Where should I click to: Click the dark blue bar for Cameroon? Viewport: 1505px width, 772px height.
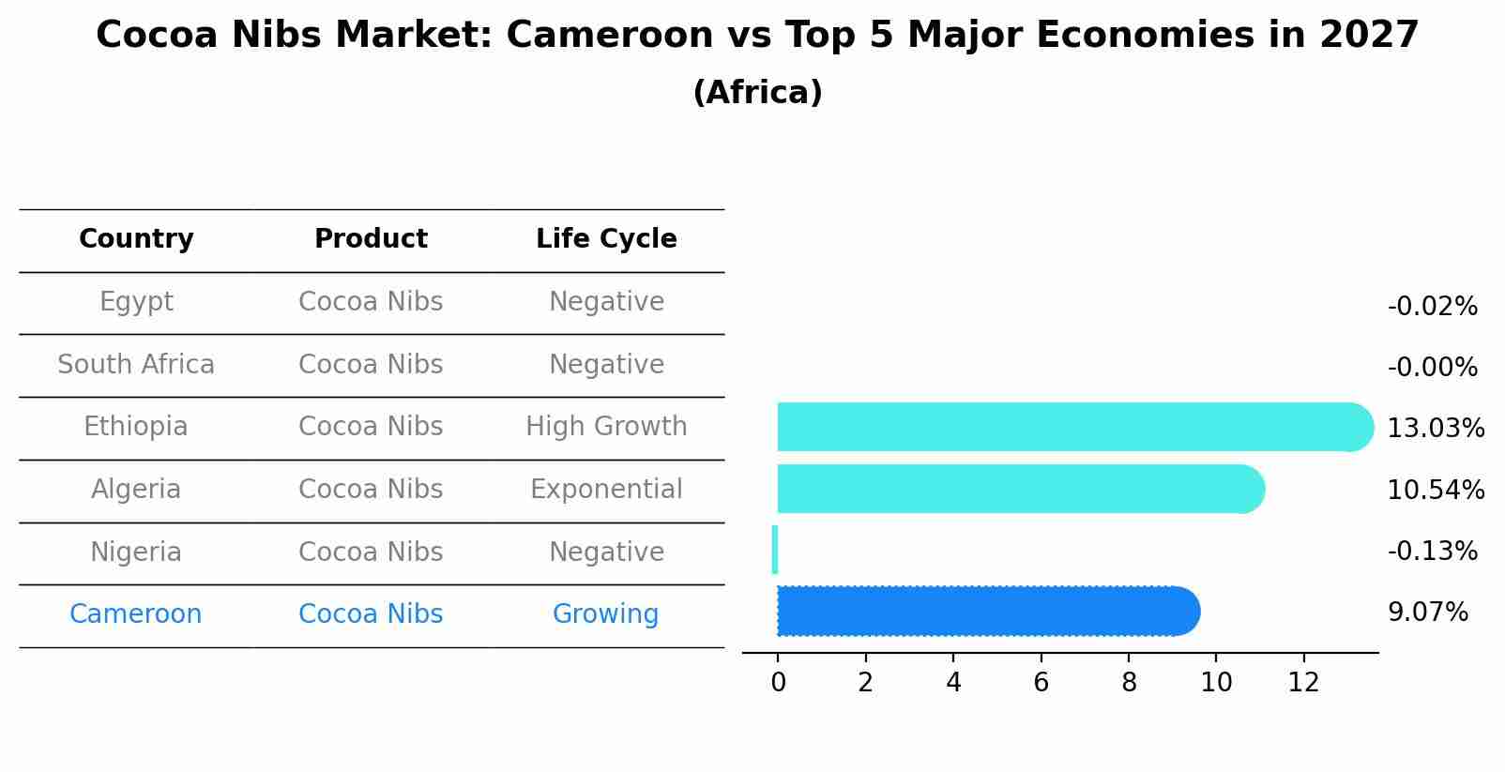coord(985,612)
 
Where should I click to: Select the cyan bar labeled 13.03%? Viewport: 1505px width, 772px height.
coord(1070,427)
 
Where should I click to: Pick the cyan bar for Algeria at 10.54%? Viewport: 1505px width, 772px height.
coord(1018,489)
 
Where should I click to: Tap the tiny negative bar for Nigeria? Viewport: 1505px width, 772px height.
coord(775,550)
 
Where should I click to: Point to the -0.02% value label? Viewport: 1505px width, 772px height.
coord(1432,307)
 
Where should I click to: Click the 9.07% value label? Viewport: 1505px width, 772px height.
coord(1427,613)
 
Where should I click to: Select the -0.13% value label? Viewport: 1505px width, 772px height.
coord(1432,551)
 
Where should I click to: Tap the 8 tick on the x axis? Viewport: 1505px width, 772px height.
coord(1129,683)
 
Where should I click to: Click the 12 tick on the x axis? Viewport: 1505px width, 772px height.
coord(1304,683)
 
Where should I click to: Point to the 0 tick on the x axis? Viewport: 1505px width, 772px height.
coord(778,683)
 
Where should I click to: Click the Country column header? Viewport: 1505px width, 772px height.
coord(136,239)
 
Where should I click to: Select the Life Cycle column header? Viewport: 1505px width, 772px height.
coord(606,239)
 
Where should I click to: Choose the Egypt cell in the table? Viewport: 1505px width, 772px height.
coord(136,302)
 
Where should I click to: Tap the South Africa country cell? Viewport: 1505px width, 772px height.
coord(136,365)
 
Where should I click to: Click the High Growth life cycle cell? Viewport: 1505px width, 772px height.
coord(606,427)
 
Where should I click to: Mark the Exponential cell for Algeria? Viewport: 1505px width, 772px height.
coord(606,490)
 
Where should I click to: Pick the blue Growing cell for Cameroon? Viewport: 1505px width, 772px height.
coord(605,614)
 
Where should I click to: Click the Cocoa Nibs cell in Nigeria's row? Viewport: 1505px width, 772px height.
coord(371,553)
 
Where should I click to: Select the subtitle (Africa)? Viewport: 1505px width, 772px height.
coord(757,93)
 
